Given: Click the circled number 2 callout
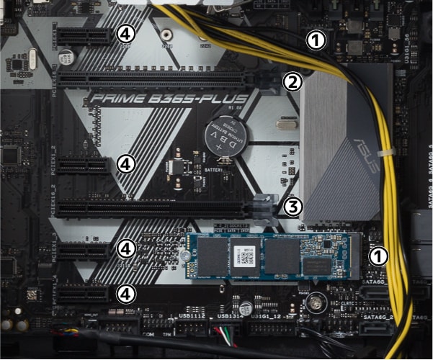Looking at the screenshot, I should coord(292,81).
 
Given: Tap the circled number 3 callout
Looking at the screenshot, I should coord(292,207).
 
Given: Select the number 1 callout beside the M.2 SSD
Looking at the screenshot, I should coord(378,256).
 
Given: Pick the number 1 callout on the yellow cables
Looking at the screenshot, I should coord(315,39).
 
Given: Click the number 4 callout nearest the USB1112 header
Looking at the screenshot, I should coord(126,293).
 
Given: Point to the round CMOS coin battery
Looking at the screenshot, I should coord(225,135).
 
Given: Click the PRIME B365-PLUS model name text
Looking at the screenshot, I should coord(167,99).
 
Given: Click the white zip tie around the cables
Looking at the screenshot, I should coord(387,154).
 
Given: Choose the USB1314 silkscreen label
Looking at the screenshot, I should coord(228,315).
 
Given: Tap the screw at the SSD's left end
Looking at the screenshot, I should coord(185,256).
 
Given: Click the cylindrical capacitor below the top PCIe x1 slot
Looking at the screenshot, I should coord(66,55).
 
